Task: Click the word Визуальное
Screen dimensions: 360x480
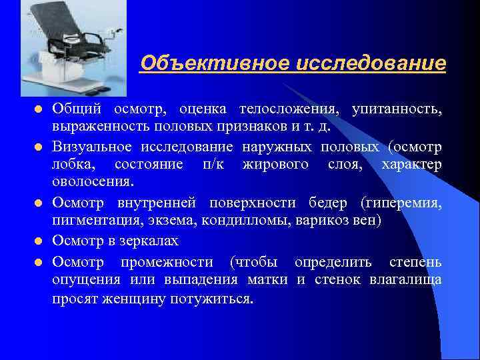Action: [93, 147]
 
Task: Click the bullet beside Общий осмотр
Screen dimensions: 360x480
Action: [39, 109]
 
